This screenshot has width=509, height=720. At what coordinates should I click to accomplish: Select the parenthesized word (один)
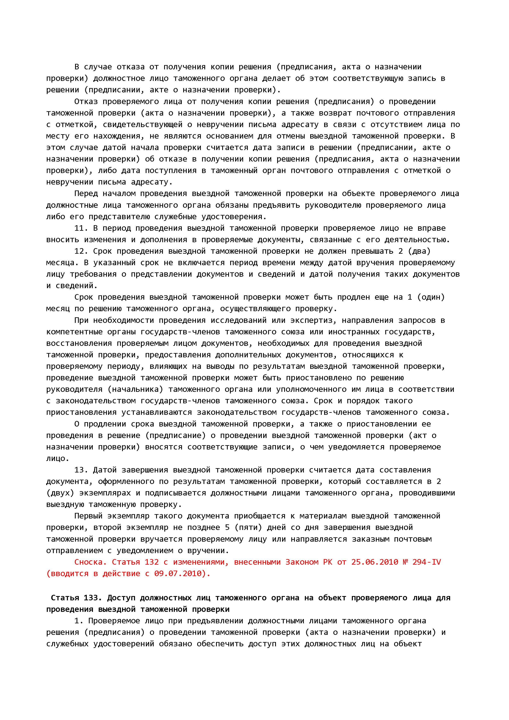(x=431, y=297)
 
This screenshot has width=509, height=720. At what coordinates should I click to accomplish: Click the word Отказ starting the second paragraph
(x=86, y=102)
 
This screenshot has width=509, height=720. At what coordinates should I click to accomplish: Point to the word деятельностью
(x=417, y=240)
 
